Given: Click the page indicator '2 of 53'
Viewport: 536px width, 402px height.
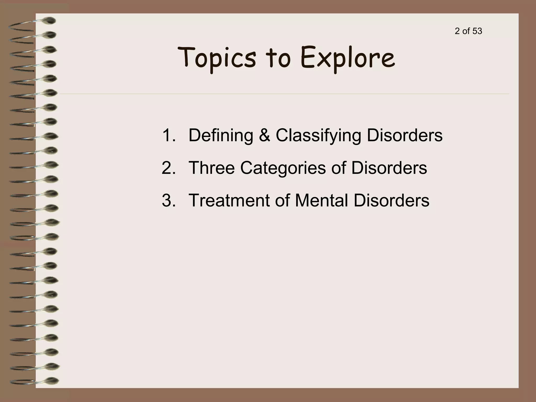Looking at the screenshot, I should (468, 31).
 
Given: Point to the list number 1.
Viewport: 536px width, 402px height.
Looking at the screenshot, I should (169, 135).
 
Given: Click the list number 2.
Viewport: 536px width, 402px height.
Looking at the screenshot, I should (169, 168).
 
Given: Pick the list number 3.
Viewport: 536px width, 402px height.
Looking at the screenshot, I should (169, 200).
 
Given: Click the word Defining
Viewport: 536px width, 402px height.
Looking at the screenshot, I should (221, 135).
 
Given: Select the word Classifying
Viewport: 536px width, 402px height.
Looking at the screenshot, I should (318, 135).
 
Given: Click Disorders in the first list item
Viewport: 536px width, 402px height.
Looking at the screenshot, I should (405, 135).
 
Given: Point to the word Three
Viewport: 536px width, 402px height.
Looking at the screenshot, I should (211, 168).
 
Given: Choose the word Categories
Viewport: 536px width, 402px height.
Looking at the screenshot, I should (283, 168).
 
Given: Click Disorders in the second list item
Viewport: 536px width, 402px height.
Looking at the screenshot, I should (389, 168).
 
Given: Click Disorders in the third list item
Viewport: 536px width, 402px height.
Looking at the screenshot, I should (391, 200).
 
